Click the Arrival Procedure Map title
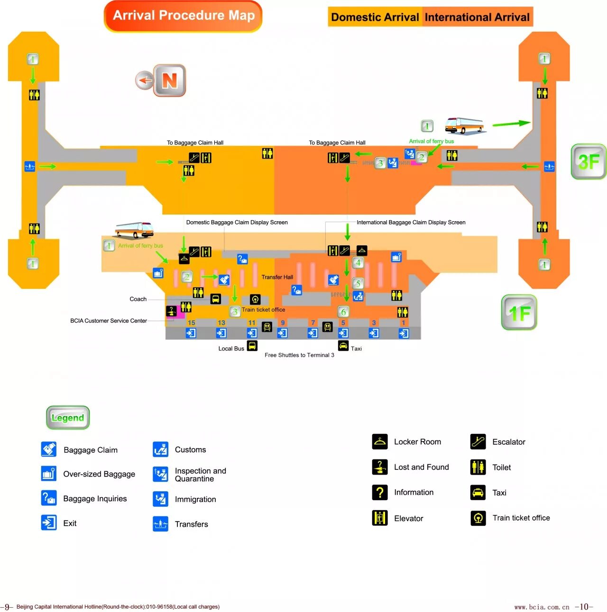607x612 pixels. [184, 16]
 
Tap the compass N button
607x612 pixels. [169, 80]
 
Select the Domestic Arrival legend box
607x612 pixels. [375, 17]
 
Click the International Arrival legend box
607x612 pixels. [477, 17]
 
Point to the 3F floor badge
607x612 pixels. [589, 162]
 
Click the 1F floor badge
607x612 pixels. [519, 312]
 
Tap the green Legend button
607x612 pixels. [68, 417]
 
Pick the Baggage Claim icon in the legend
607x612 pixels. [49, 449]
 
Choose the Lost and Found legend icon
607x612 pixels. [380, 467]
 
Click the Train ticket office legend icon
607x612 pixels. [478, 518]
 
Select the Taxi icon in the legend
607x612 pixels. [478, 493]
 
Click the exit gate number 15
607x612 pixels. [191, 323]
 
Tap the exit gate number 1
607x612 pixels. [404, 323]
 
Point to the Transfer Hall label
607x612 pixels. [277, 277]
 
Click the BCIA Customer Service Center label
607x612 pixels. [109, 321]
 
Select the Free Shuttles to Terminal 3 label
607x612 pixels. [299, 355]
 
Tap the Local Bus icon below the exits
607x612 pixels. [252, 346]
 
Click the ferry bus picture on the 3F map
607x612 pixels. [464, 125]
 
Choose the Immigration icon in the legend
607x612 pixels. [161, 499]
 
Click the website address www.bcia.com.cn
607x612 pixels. [542, 607]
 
